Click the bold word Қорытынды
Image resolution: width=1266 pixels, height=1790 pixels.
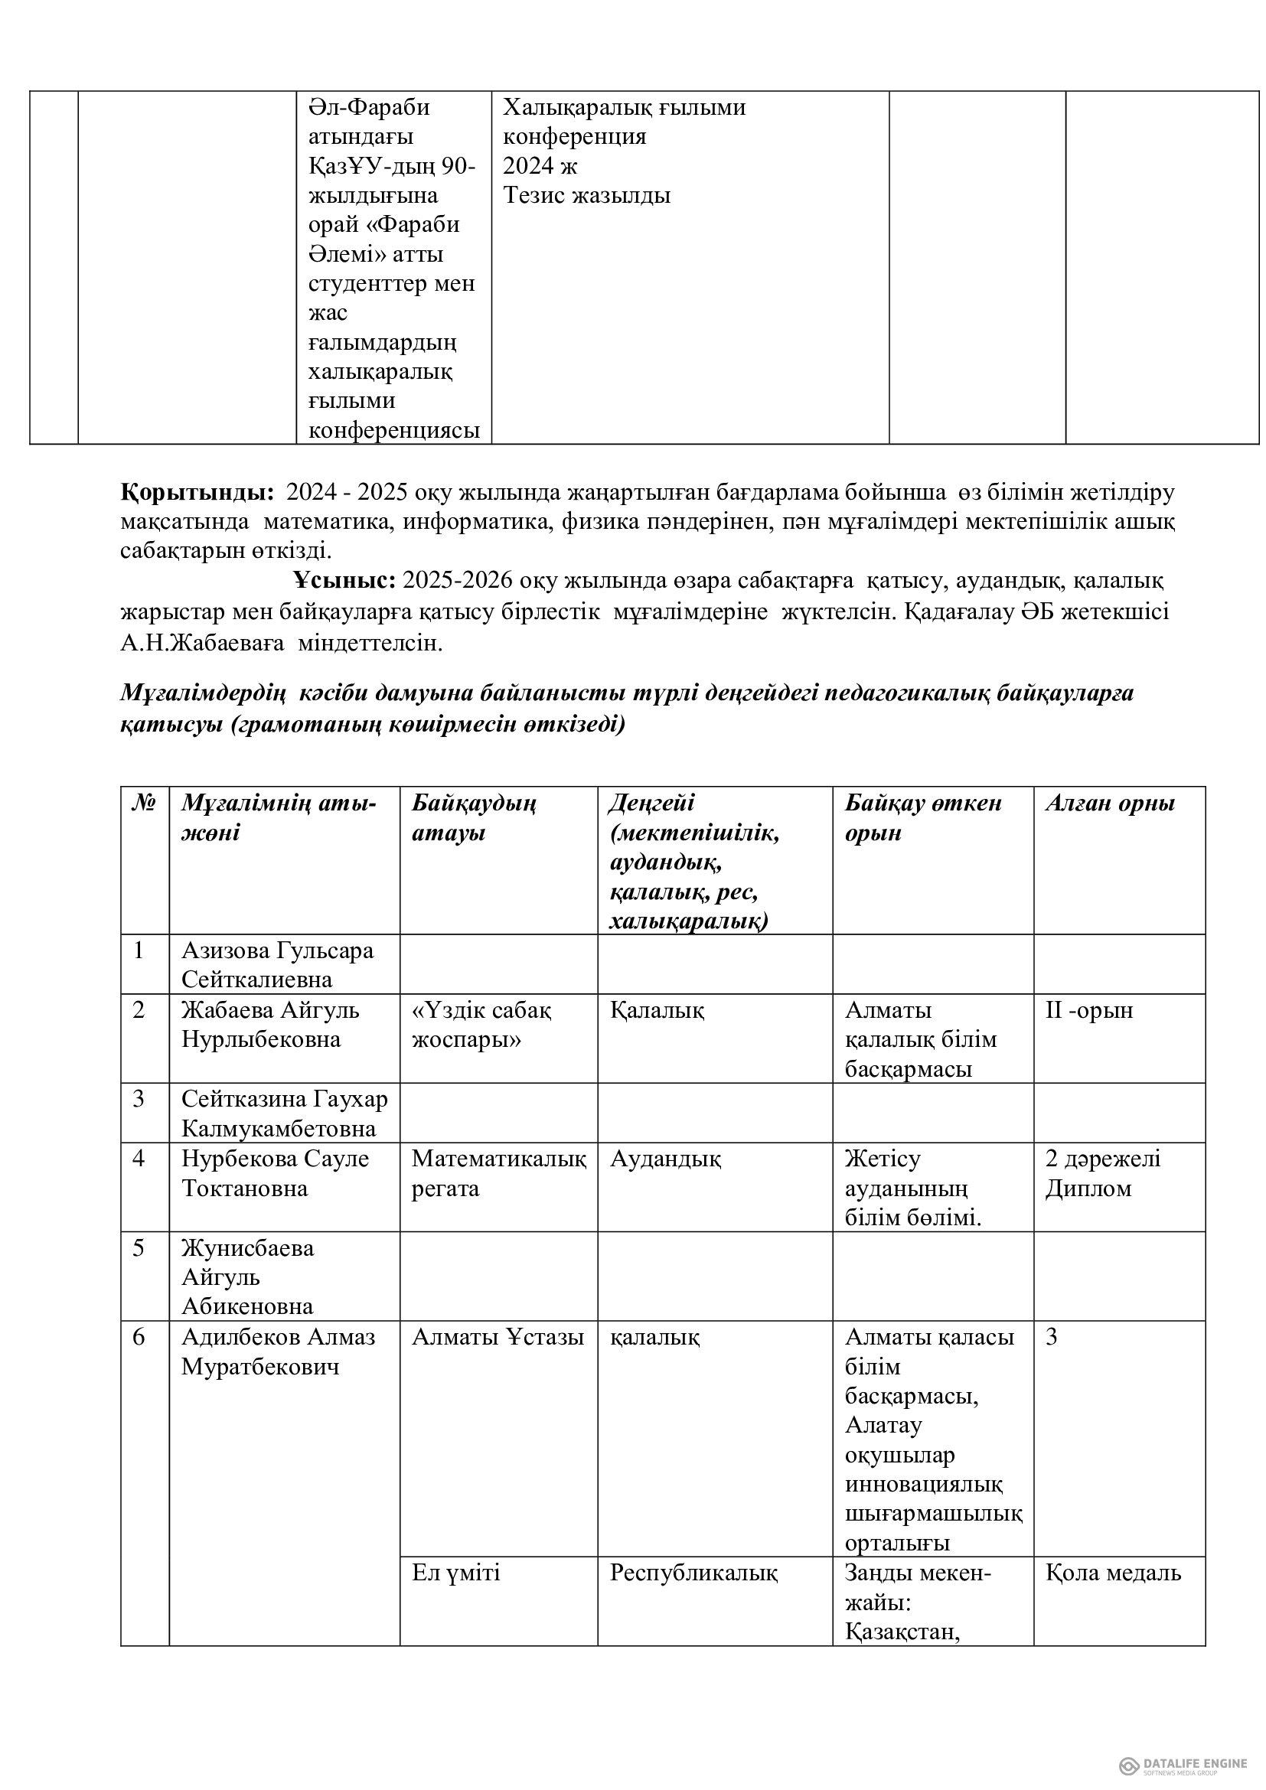tap(197, 494)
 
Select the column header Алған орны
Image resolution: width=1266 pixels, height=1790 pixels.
tap(1109, 804)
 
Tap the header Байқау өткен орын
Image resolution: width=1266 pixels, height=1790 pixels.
tap(922, 818)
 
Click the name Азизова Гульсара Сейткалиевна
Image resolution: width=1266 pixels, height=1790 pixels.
tap(278, 964)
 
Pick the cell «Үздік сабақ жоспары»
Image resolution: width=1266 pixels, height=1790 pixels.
tap(481, 1025)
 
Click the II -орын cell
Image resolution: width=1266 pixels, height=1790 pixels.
tap(1088, 1010)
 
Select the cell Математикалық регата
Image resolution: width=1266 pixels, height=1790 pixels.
tap(499, 1173)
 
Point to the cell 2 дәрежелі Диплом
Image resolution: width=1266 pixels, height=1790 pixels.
tap(1102, 1173)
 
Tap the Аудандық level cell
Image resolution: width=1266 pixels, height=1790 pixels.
tap(665, 1159)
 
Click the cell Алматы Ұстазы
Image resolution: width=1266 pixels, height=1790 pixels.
tap(498, 1338)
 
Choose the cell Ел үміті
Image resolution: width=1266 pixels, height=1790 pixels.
tap(456, 1573)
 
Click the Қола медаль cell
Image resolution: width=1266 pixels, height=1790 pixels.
tap(1112, 1573)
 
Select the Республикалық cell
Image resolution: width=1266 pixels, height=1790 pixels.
tap(693, 1573)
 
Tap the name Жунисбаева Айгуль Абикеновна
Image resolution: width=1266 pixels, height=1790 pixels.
tap(248, 1278)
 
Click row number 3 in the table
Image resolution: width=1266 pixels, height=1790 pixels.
tap(139, 1099)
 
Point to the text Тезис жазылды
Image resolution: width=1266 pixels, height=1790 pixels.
tap(586, 196)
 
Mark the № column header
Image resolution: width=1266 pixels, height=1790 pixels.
tap(142, 804)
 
